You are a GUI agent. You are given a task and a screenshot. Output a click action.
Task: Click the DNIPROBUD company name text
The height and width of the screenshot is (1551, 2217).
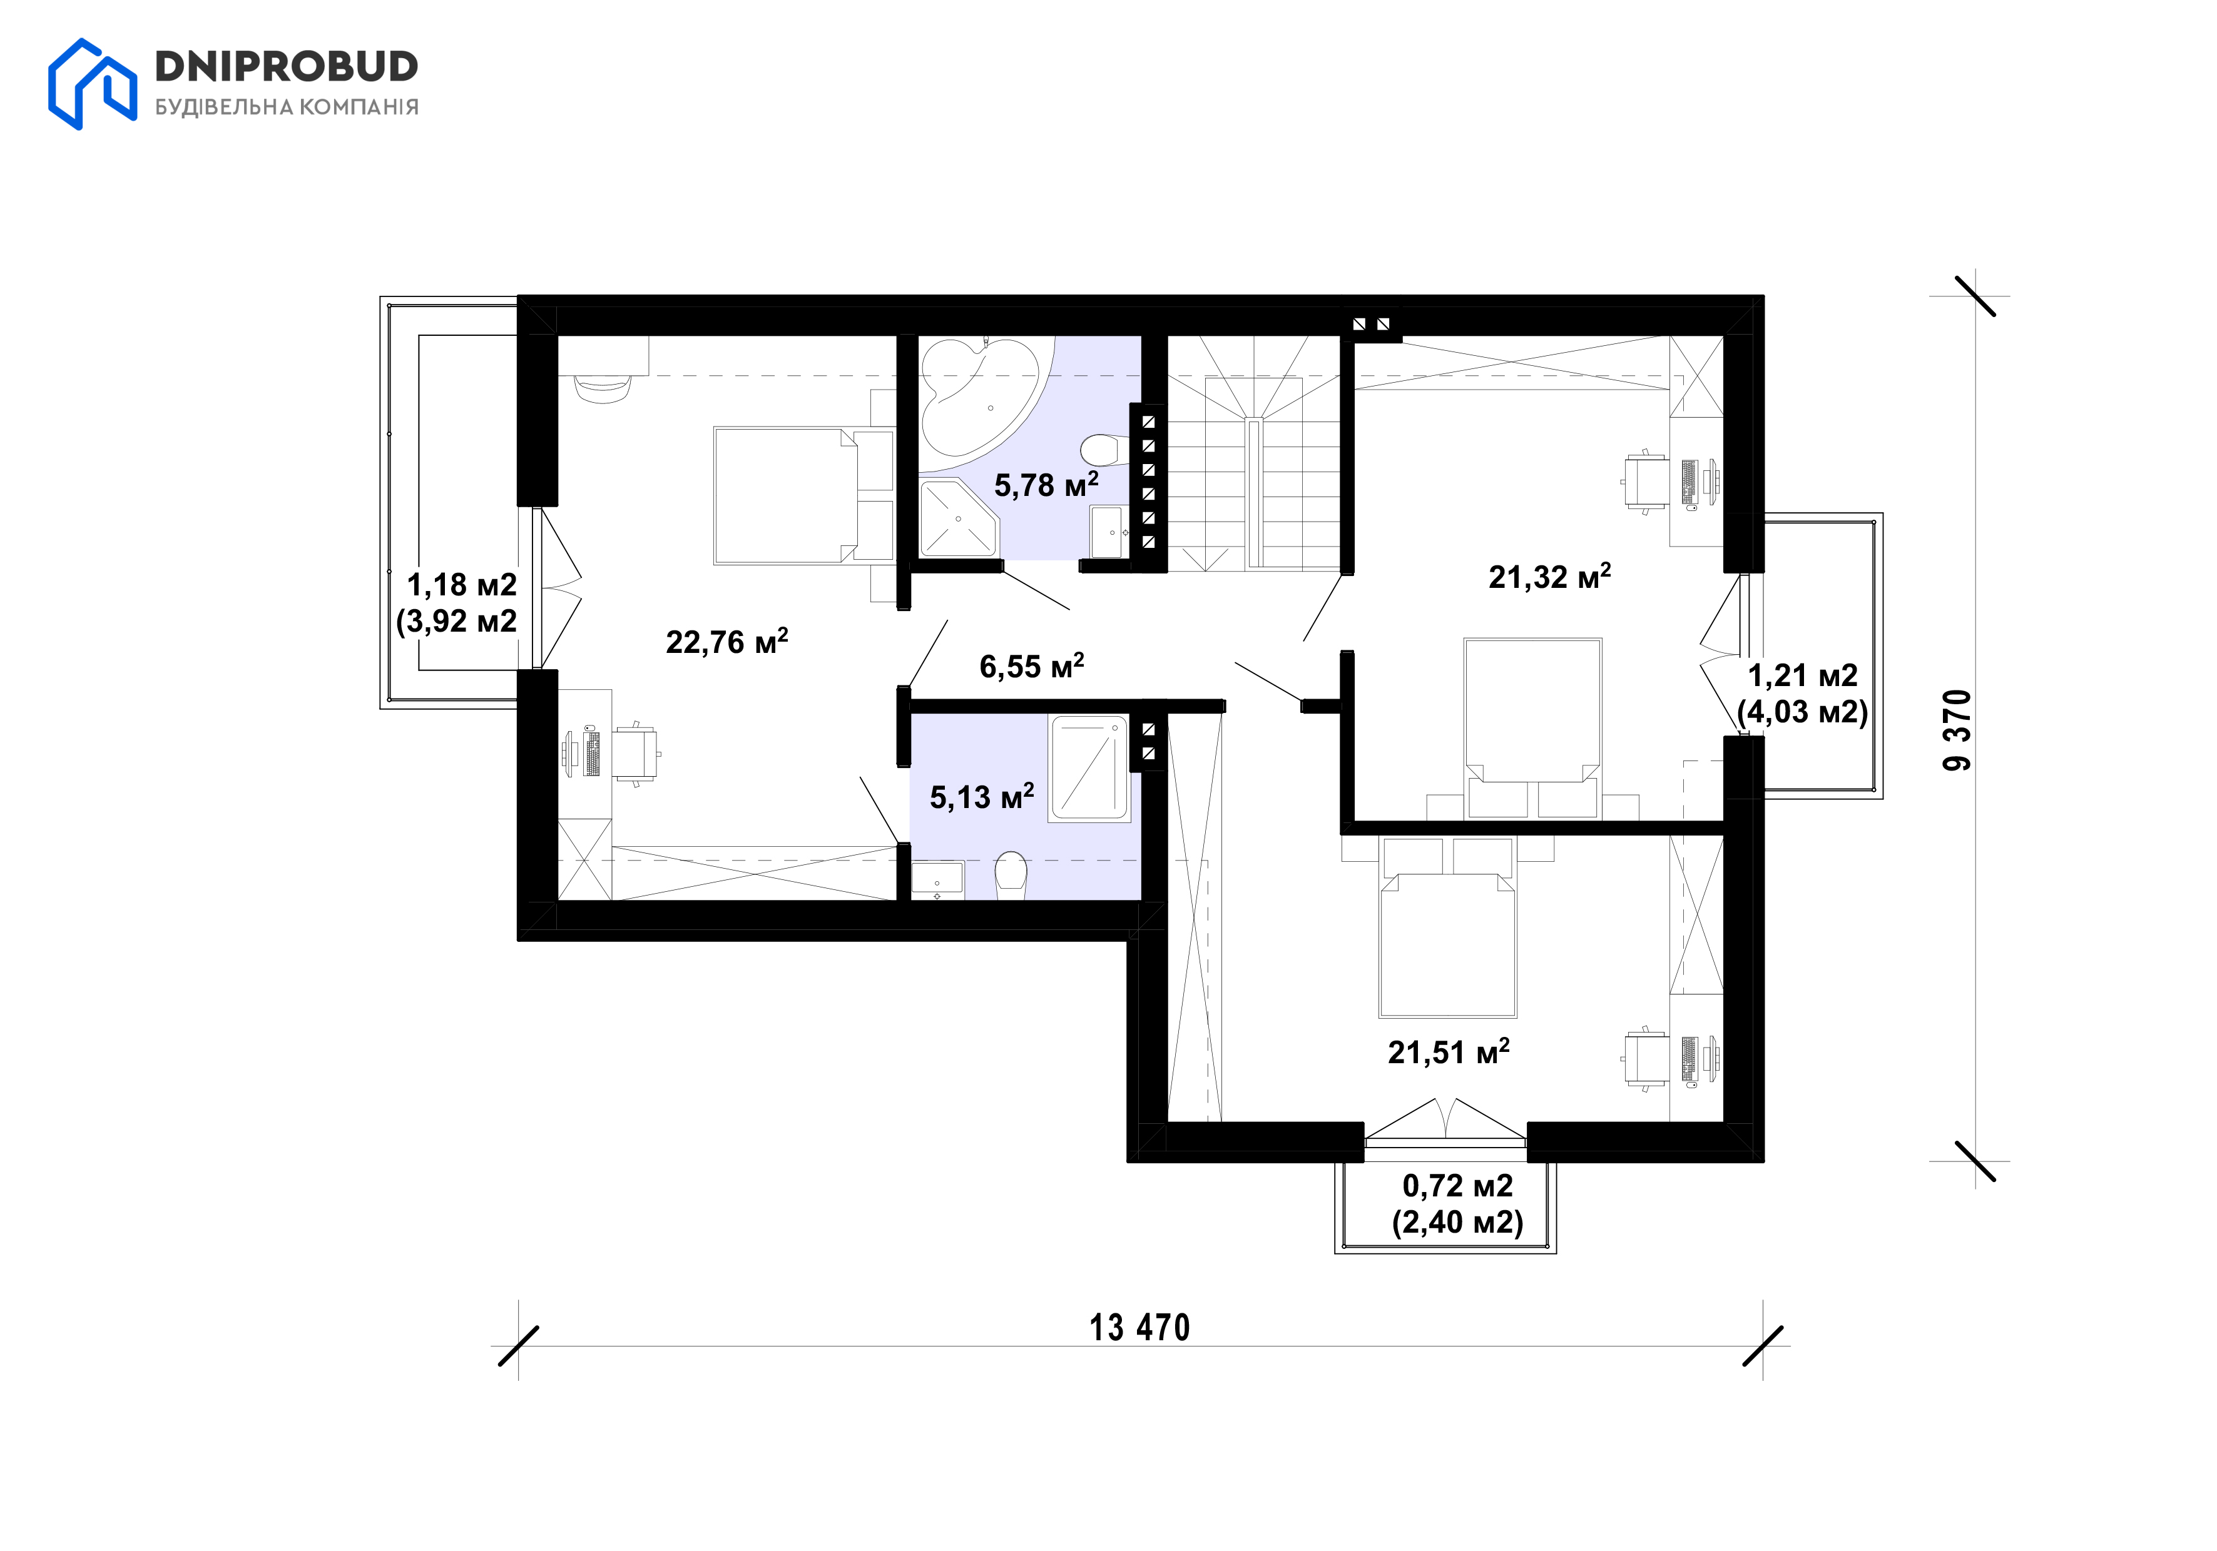(x=287, y=66)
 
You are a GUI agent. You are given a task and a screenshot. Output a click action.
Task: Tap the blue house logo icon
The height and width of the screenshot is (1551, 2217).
(x=93, y=84)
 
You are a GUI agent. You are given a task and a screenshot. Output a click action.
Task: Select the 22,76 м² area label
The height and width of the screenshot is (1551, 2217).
(x=727, y=641)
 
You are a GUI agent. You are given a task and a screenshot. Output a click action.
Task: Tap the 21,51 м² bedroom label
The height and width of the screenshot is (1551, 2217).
(x=1449, y=1051)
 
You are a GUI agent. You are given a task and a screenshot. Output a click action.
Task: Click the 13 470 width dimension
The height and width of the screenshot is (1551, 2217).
(x=1139, y=1328)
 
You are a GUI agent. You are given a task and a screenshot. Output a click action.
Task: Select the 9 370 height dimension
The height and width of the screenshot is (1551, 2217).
(x=1957, y=730)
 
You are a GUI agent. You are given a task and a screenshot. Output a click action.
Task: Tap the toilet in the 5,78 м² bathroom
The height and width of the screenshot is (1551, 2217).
(x=1101, y=449)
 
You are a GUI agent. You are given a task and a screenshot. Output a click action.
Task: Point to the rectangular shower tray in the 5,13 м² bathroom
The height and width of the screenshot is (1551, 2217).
(x=1089, y=768)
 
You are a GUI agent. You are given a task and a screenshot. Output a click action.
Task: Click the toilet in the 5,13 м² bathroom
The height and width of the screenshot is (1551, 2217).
(x=1011, y=874)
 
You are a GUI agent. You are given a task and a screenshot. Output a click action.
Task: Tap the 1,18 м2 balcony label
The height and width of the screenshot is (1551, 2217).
(x=462, y=584)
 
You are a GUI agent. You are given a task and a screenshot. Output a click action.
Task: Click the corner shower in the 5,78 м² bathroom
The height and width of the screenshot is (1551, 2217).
(x=957, y=518)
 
